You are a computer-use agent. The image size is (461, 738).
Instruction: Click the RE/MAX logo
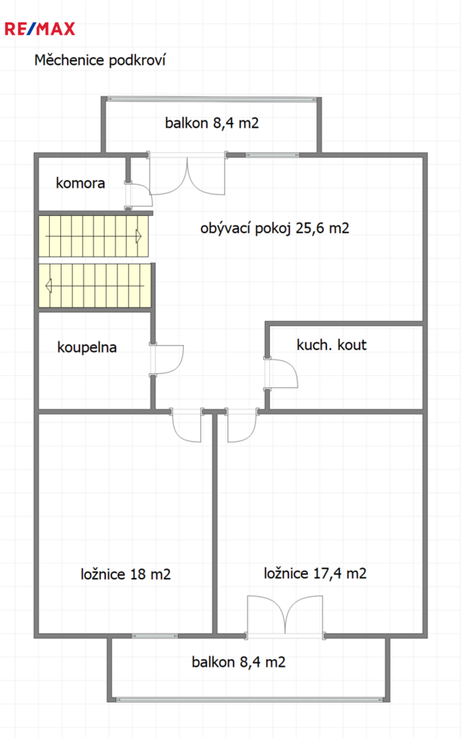[x=40, y=29]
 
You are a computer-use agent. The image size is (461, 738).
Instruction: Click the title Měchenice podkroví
[x=100, y=59]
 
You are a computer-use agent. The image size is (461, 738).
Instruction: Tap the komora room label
[x=81, y=182]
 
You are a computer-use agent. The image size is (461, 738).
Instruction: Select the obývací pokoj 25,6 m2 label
[x=275, y=228]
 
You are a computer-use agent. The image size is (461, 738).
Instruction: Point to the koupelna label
[x=87, y=347]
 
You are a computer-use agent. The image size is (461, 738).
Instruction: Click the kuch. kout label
[x=331, y=344]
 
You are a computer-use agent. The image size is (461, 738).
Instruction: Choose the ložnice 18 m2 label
[x=126, y=574]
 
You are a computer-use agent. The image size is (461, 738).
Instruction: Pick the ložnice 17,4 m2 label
[x=315, y=573]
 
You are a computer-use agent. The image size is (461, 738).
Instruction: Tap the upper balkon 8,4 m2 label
[x=212, y=123]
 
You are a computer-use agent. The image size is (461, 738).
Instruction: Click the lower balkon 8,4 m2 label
[x=238, y=662]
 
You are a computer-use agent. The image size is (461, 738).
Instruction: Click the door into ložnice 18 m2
[x=186, y=425]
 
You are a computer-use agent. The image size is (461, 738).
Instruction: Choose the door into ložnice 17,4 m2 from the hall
[x=242, y=425]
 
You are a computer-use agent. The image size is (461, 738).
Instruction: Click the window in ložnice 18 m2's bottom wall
[x=155, y=636]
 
